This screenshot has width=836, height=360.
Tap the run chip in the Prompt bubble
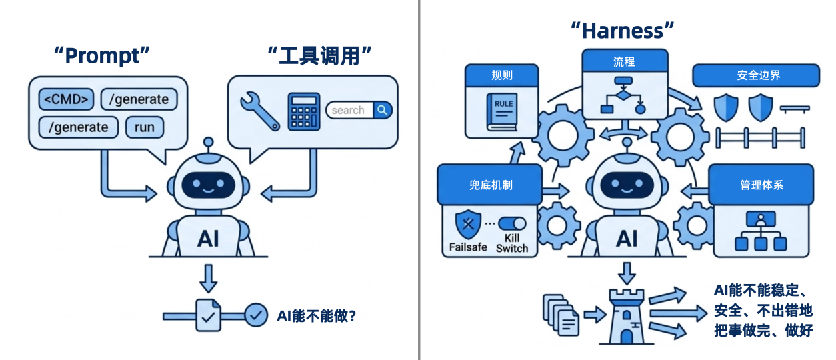[144, 127]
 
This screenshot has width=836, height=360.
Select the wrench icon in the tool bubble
[259, 110]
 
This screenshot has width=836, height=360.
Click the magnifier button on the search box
[382, 110]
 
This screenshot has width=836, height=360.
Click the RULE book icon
[503, 111]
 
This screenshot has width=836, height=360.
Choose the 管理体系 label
[761, 185]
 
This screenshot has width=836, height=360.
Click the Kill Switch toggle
[511, 224]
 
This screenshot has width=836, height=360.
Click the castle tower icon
[627, 317]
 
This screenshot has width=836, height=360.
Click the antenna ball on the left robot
[208, 141]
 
